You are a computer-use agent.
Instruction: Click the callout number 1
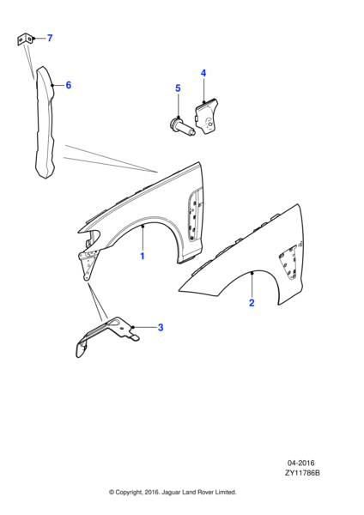coord(143,256)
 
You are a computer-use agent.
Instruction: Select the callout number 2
coord(252,302)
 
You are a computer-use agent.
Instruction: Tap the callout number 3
coord(160,327)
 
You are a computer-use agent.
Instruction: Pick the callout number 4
coord(203,73)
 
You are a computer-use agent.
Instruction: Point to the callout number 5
coord(178,88)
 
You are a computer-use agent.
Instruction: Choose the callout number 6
coord(68,85)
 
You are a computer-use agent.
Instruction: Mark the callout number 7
coord(49,39)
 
